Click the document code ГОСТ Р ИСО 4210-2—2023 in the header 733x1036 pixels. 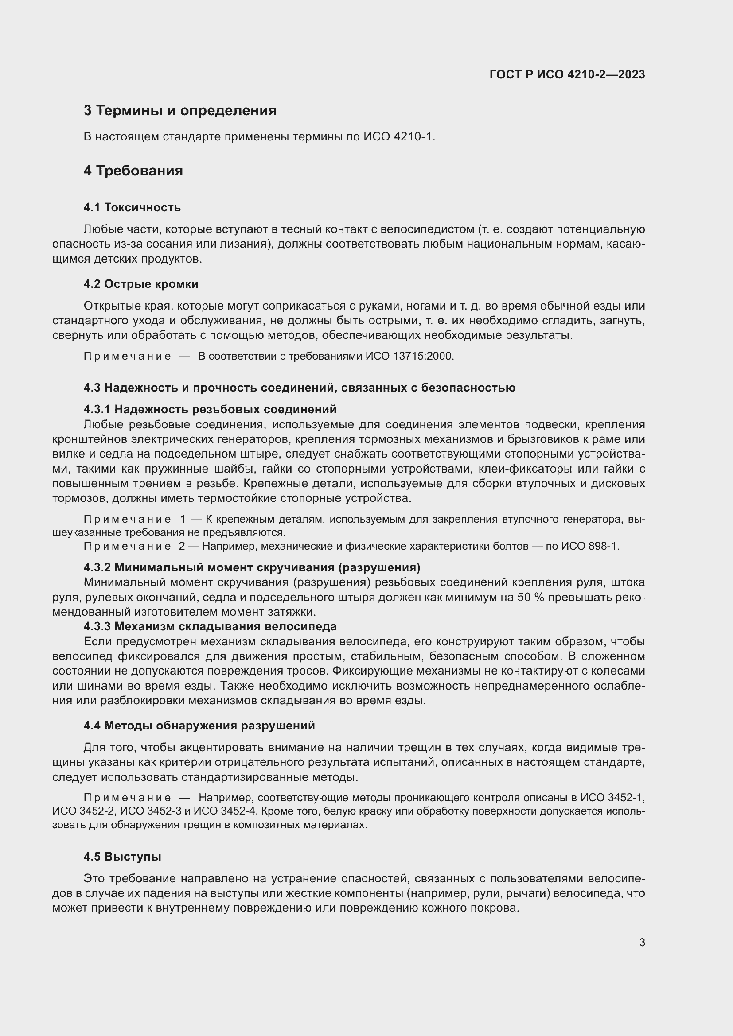point(567,74)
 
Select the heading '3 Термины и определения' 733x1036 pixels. point(179,111)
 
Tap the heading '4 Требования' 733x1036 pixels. point(133,171)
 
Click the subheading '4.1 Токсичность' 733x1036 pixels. point(132,208)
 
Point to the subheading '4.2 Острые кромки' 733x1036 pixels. point(141,284)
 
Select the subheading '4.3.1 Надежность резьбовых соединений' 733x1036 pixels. point(210,409)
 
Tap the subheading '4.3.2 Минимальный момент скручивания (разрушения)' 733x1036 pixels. point(252,567)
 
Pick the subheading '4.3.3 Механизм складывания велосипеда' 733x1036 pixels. point(210,626)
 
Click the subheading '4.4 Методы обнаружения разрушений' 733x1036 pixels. point(199,726)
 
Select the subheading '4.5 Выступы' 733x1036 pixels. point(122,857)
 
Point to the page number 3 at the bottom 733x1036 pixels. point(642,943)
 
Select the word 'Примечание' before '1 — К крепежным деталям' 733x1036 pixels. point(127,520)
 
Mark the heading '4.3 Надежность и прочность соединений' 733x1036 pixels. point(299,388)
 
